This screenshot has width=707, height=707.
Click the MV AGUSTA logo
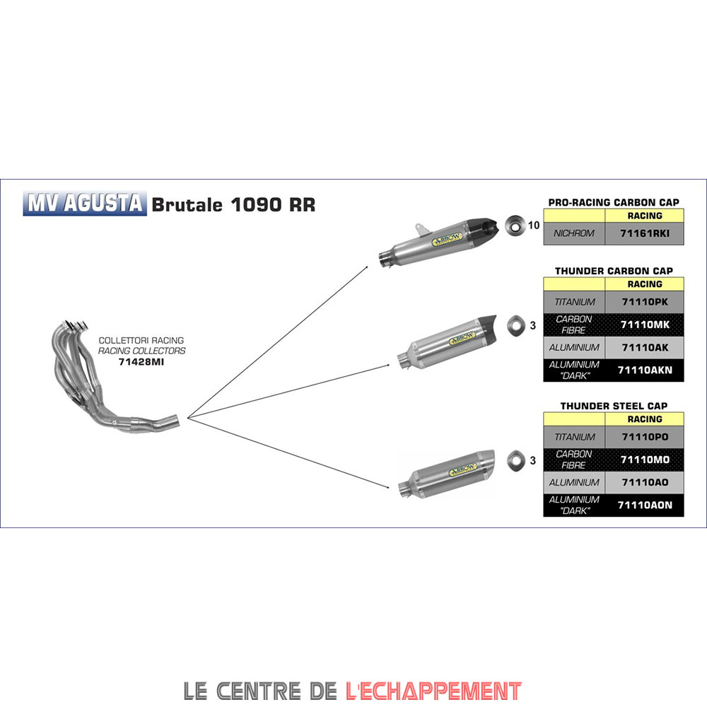click(86, 204)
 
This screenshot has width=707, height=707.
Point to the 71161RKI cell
click(645, 233)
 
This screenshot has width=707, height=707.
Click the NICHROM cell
click(574, 233)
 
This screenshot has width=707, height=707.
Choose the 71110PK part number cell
click(645, 302)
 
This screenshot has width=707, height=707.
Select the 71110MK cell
click(645, 325)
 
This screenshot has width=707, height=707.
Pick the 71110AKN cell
click(645, 370)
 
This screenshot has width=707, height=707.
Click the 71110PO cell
click(645, 437)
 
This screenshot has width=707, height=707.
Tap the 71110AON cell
click(645, 505)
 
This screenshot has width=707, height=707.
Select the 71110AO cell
click(645, 482)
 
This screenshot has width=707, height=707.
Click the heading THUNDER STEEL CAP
click(614, 406)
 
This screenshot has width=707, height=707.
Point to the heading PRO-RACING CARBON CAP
click(614, 202)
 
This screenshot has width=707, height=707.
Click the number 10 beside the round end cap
click(533, 226)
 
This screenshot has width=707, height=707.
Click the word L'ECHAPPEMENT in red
click(434, 690)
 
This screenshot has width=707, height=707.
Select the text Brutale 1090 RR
click(233, 204)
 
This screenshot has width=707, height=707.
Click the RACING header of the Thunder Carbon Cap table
click(645, 284)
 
